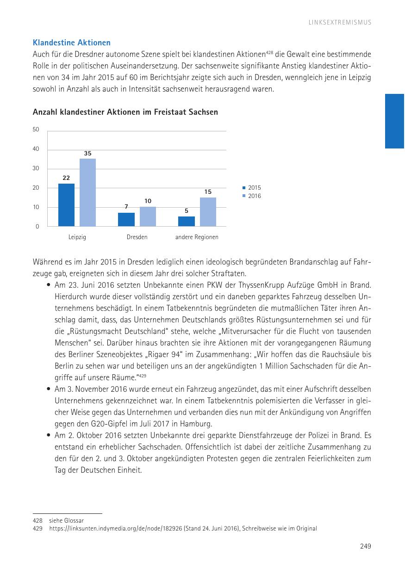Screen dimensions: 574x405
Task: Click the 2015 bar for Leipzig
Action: pyautogui.click(x=66, y=205)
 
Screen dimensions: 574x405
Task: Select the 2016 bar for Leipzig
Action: pyautogui.click(x=87, y=192)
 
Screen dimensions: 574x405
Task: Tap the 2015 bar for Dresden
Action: pyautogui.click(x=126, y=219)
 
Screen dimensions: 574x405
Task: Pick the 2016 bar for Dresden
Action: pyautogui.click(x=148, y=216)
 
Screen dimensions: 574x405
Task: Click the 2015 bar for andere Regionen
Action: pyautogui.click(x=186, y=221)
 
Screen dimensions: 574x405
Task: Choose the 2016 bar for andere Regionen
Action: pyautogui.click(x=208, y=212)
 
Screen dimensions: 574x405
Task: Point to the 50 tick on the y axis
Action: pyautogui.click(x=36, y=130)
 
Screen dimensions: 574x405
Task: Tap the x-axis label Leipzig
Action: pyautogui.click(x=77, y=237)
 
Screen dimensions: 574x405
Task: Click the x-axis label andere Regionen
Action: pyautogui.click(x=197, y=237)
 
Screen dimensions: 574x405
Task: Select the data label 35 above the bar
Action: pyautogui.click(x=87, y=153)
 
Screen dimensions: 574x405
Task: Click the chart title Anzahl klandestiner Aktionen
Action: pyautogui.click(x=125, y=112)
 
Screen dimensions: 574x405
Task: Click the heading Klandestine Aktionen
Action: pyautogui.click(x=72, y=43)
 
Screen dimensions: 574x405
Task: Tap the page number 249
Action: pyautogui.click(x=366, y=546)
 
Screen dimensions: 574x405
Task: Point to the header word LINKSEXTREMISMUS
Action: pyautogui.click(x=340, y=22)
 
